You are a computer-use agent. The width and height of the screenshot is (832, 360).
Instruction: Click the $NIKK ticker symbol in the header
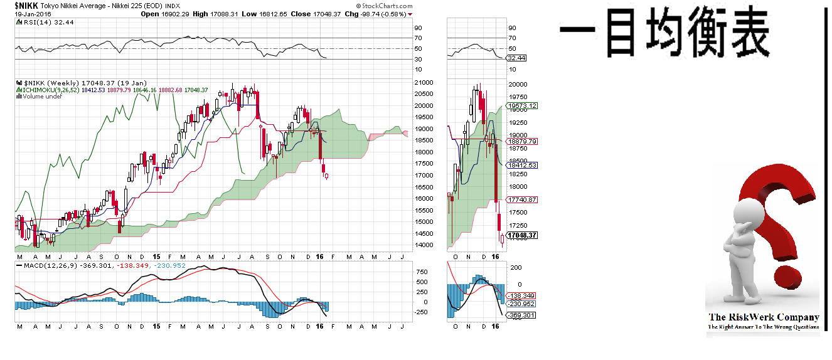pos(26,6)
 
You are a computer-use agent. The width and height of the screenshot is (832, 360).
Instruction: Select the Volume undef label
pos(41,97)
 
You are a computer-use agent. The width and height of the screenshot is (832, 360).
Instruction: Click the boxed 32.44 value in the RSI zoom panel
pos(516,58)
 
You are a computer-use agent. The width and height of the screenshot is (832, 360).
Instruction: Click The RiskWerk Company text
pos(763,317)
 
